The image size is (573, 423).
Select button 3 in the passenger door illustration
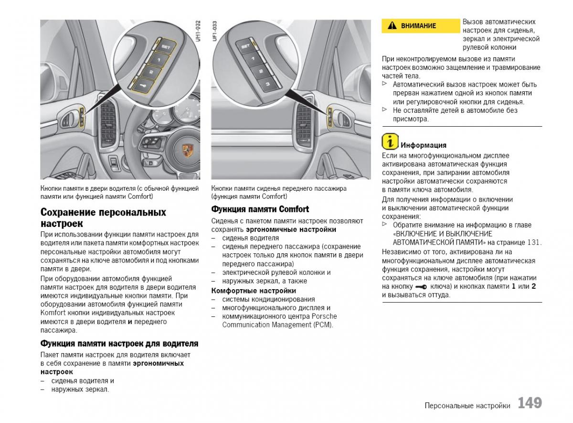coord(267,84)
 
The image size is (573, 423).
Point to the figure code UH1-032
coord(198,32)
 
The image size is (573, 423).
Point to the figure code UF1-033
coord(215,32)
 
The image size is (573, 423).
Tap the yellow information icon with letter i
coord(390,141)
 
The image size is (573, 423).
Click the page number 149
coord(530,403)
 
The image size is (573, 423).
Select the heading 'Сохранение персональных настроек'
coord(103,217)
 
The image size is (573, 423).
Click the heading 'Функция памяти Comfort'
coord(260,209)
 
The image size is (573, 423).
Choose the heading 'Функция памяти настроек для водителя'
coord(119,343)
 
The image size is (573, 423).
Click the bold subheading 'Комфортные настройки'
coord(254,291)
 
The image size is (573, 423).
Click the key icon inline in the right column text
coord(421,287)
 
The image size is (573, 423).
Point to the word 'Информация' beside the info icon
coord(424,145)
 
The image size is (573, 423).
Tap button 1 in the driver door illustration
coord(158,60)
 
